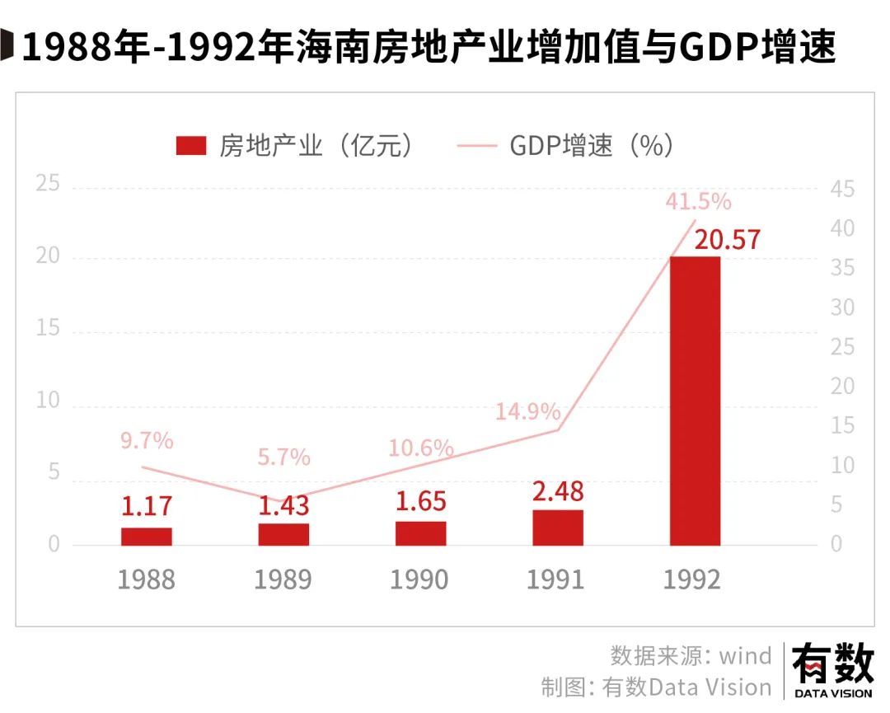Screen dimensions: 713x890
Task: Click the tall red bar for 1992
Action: coord(695,401)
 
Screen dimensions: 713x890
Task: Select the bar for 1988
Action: coord(146,537)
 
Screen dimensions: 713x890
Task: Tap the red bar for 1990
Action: coord(420,533)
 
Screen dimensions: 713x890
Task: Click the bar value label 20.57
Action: coord(727,240)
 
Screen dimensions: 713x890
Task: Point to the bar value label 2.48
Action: coord(557,492)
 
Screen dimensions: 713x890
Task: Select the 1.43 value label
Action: coord(283,506)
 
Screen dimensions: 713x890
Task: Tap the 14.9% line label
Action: coord(527,411)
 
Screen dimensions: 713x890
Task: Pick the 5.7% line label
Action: coord(283,457)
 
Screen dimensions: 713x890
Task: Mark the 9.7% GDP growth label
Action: coord(147,441)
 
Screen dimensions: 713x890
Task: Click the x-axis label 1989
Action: coord(283,579)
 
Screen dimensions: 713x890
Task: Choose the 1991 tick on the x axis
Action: coord(556,579)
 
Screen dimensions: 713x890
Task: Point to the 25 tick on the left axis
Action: coord(49,184)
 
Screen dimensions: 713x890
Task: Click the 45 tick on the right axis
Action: coord(842,190)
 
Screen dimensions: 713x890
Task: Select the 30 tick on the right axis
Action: coord(842,307)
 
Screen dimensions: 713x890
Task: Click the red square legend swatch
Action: coord(190,147)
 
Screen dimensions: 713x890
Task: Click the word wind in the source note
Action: coord(745,656)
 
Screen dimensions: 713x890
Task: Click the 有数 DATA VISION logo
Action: coord(832,672)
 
